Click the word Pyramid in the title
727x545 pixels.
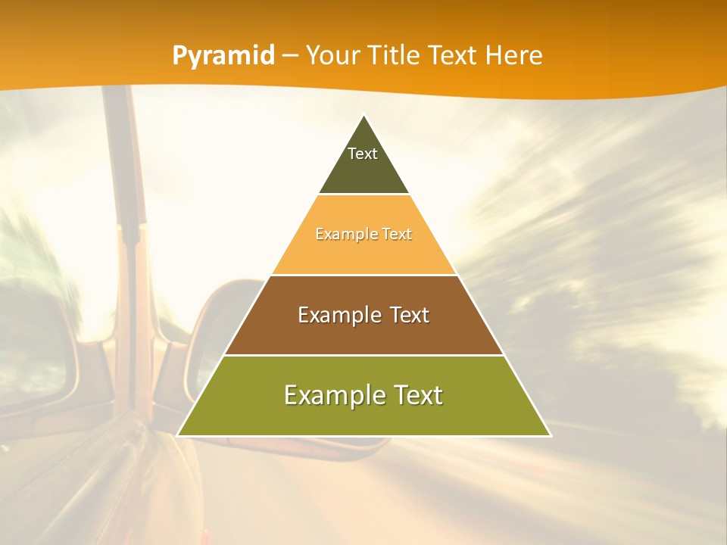(x=223, y=56)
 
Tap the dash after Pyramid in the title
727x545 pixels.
(x=291, y=56)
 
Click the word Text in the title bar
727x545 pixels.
(x=453, y=55)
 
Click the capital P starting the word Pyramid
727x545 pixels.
(x=179, y=55)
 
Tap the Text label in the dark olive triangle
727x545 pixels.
(x=363, y=154)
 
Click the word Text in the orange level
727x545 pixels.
(x=397, y=234)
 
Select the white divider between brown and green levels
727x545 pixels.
(x=363, y=355)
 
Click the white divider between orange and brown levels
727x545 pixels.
(x=363, y=275)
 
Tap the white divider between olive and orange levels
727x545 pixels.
(x=363, y=195)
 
